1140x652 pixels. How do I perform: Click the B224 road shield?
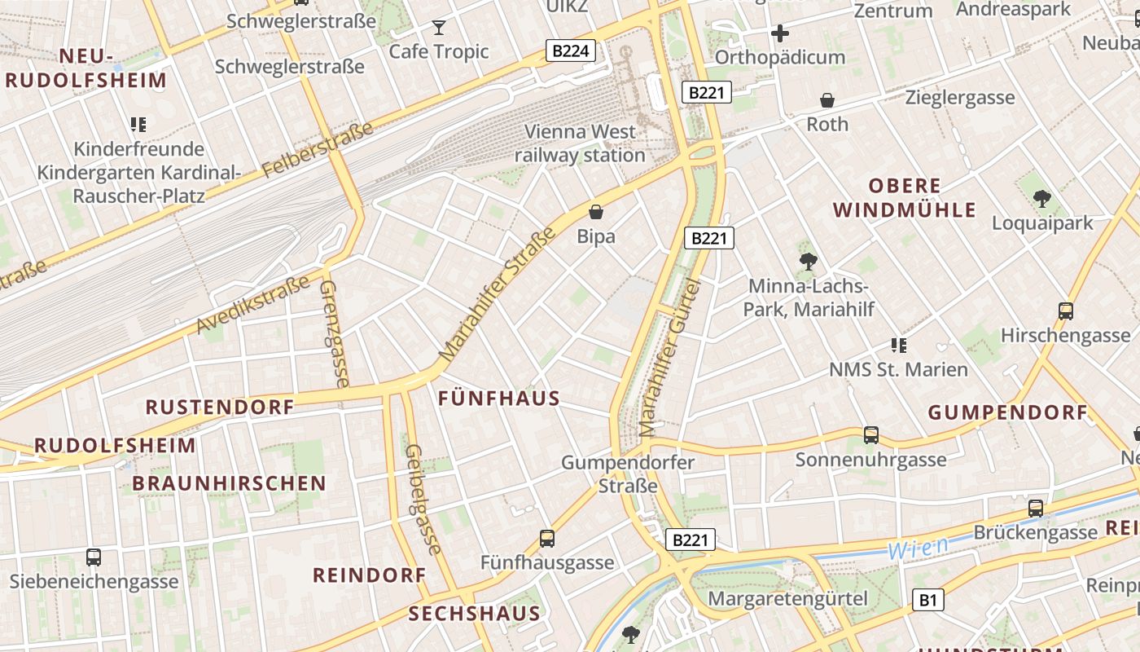tap(570, 51)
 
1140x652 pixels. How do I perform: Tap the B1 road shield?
tap(927, 601)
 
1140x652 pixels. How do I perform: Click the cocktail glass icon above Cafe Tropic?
tap(439, 28)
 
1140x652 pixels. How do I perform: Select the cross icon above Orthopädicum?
tap(779, 33)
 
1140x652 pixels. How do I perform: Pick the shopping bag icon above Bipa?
tap(596, 212)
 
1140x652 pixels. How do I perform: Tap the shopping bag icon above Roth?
tap(827, 100)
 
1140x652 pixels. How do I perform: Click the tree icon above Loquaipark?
tap(1041, 198)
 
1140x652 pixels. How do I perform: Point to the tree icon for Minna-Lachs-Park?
tap(808, 262)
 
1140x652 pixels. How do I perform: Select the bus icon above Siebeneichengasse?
tap(94, 557)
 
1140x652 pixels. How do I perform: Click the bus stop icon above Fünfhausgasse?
tap(547, 539)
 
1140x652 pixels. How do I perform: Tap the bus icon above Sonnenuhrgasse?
tap(871, 435)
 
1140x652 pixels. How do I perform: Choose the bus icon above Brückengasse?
tap(1036, 509)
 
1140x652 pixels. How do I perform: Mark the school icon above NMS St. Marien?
tap(899, 346)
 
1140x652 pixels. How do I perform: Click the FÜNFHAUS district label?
tap(499, 399)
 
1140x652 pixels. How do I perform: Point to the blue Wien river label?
tap(918, 548)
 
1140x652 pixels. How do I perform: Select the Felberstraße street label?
tap(318, 151)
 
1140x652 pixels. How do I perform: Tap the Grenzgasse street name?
tap(335, 334)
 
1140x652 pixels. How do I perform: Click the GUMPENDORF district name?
tap(1008, 412)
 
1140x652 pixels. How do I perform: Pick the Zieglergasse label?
tap(960, 98)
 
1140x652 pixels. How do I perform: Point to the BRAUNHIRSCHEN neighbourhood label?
tap(229, 483)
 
